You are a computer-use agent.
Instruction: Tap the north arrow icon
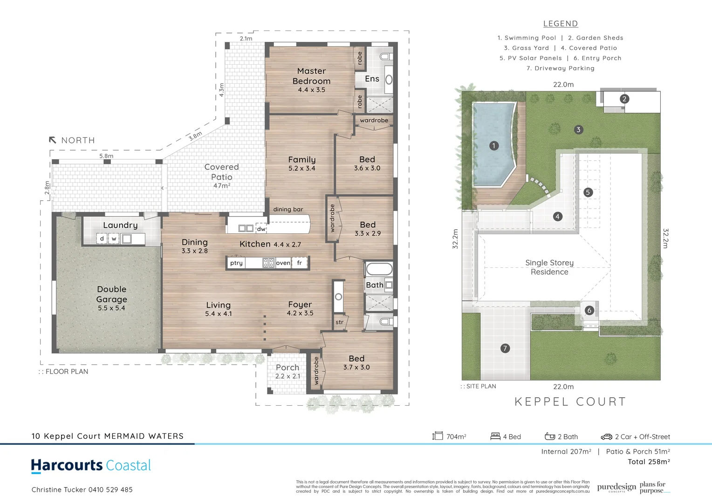tap(53, 140)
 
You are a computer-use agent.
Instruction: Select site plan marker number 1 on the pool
tap(494, 146)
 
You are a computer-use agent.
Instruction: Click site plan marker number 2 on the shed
tap(624, 99)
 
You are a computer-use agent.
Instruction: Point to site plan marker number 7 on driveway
tap(505, 348)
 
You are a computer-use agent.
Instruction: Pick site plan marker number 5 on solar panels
tap(588, 192)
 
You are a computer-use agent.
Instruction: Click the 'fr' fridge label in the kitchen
tap(299, 263)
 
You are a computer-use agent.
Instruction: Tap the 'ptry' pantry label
tap(236, 263)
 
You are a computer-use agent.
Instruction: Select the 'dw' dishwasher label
tap(261, 229)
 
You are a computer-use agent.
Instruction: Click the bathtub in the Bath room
tap(379, 269)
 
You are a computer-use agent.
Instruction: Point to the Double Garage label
tap(111, 294)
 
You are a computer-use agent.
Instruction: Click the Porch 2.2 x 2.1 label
tap(288, 371)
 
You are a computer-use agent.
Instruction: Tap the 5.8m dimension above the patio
tap(106, 156)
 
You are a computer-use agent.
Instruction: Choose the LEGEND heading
tap(560, 24)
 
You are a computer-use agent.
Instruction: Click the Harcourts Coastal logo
tap(91, 465)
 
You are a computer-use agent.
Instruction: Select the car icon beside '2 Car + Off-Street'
tap(606, 436)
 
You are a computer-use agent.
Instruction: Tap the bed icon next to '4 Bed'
tap(495, 436)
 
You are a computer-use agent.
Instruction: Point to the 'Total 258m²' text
tap(649, 462)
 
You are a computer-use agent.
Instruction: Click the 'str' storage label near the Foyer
tap(339, 322)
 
